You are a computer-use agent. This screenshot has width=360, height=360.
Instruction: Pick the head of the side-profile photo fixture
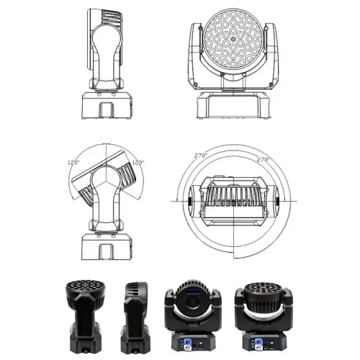coord(135,295)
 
